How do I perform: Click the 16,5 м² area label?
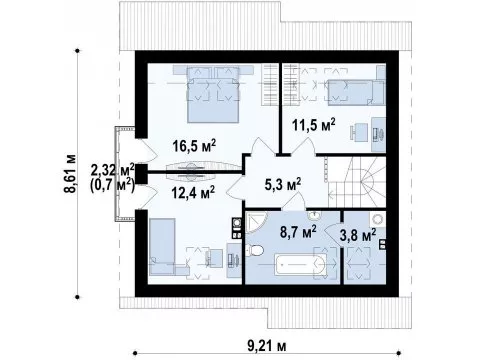(x=195, y=146)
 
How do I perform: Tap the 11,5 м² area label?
(x=314, y=125)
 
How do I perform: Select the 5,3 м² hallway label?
(x=283, y=184)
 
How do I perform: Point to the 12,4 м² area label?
(x=193, y=192)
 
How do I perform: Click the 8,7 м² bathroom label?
(x=298, y=232)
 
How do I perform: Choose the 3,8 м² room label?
(x=358, y=235)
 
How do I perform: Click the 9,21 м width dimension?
(x=267, y=346)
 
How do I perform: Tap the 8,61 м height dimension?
(x=70, y=174)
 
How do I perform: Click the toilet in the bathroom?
(x=255, y=250)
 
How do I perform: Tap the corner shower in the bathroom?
(x=255, y=222)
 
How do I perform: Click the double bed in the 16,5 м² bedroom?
(x=213, y=94)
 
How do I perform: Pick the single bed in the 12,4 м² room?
(x=162, y=247)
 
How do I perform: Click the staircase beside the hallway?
(x=356, y=182)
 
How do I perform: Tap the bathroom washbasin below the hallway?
(x=314, y=216)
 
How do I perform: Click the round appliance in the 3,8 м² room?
(x=377, y=220)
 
